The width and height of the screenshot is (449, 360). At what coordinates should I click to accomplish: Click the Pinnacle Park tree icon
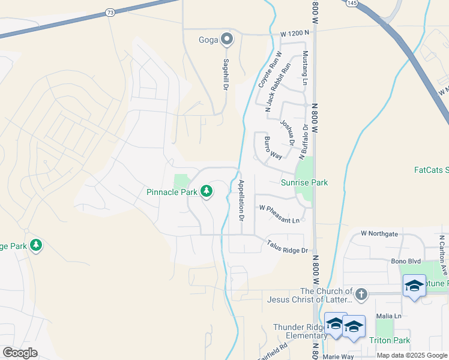[x=206, y=191]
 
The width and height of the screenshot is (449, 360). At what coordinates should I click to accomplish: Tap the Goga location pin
[x=227, y=40]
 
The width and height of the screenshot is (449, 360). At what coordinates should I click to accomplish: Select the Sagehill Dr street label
[x=226, y=74]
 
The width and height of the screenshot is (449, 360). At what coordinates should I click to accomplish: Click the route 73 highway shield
[x=109, y=12]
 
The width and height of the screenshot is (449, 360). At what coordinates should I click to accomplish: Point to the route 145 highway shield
[x=352, y=3]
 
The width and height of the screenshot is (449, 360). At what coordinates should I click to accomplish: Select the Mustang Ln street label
[x=305, y=67]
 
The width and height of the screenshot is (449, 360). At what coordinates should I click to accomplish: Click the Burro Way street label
[x=273, y=147]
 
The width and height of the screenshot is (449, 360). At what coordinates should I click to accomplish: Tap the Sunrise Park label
[x=304, y=182]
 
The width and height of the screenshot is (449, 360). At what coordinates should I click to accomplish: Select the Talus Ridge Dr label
[x=288, y=246]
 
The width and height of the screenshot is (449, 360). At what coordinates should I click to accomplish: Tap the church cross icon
[x=360, y=294]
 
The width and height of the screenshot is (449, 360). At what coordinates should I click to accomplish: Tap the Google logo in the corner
[x=20, y=353]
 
